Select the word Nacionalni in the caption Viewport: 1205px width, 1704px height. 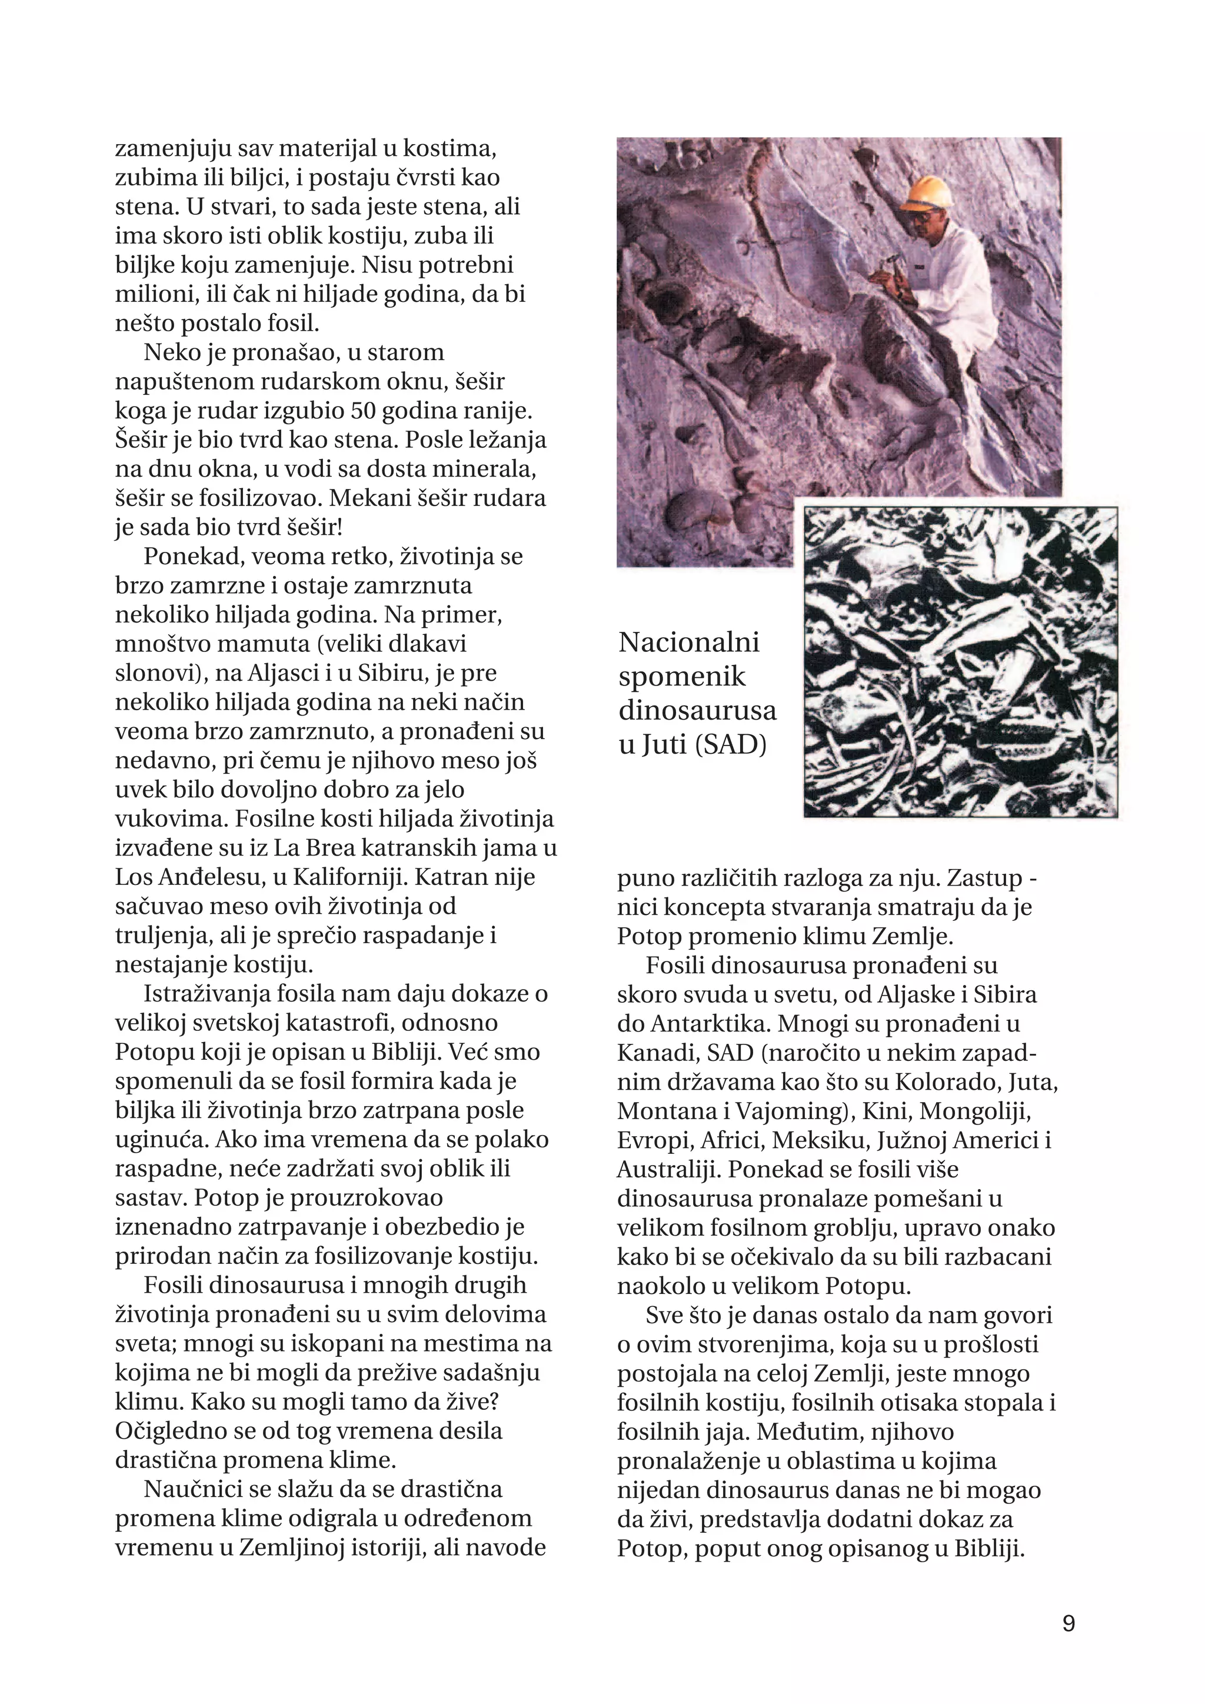click(x=688, y=642)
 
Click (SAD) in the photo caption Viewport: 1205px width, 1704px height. click(x=731, y=744)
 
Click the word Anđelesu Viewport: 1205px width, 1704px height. click(x=216, y=877)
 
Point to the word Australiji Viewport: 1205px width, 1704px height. click(x=668, y=1169)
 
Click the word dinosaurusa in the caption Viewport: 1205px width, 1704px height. click(x=697, y=710)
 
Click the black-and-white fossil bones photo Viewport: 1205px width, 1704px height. click(x=960, y=661)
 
